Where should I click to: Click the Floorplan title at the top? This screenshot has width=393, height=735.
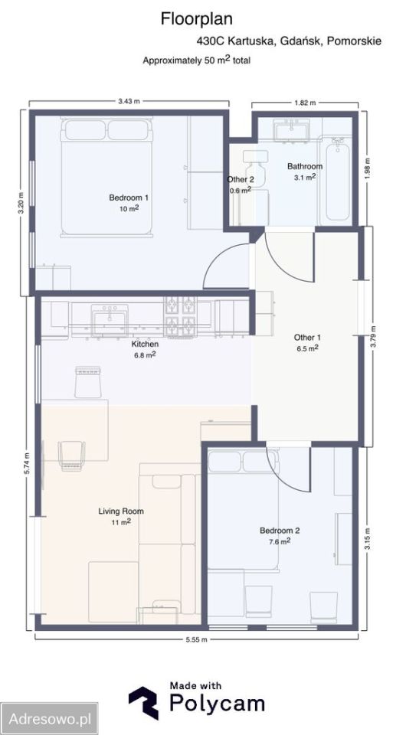pos(196,19)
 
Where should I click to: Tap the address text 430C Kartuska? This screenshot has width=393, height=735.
pos(236,41)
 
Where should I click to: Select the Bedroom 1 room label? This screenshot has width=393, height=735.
pos(125,198)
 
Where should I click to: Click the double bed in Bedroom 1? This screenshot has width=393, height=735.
pos(106,177)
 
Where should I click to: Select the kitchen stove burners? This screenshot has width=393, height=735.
pos(180,316)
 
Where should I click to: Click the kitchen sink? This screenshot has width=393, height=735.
pos(110,319)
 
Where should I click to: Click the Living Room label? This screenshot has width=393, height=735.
pos(121,511)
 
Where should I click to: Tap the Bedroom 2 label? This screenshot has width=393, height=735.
pos(280,531)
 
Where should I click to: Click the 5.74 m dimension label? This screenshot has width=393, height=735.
pos(27,464)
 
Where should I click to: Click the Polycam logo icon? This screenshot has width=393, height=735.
pos(143,703)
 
